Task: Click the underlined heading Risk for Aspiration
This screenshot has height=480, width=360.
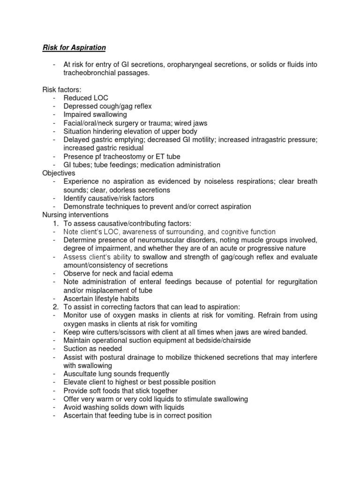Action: coord(74,47)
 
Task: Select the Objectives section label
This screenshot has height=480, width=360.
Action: coord(59,173)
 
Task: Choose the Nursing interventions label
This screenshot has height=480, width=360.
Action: coord(75,215)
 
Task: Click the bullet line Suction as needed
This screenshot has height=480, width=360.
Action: coord(93,349)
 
